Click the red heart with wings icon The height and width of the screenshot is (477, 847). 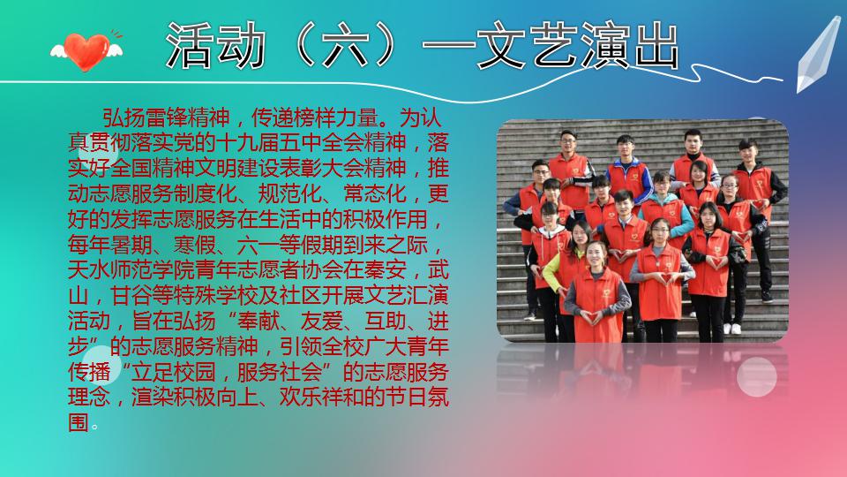[x=86, y=51]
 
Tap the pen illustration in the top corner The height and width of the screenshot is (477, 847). [x=818, y=54]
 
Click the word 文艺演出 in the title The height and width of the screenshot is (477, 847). [x=578, y=46]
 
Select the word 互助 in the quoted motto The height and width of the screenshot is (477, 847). [x=385, y=321]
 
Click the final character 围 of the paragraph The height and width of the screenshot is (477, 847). [x=79, y=422]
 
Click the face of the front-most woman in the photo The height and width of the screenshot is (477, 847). [x=596, y=255]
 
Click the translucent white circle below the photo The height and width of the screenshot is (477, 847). [x=757, y=376]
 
